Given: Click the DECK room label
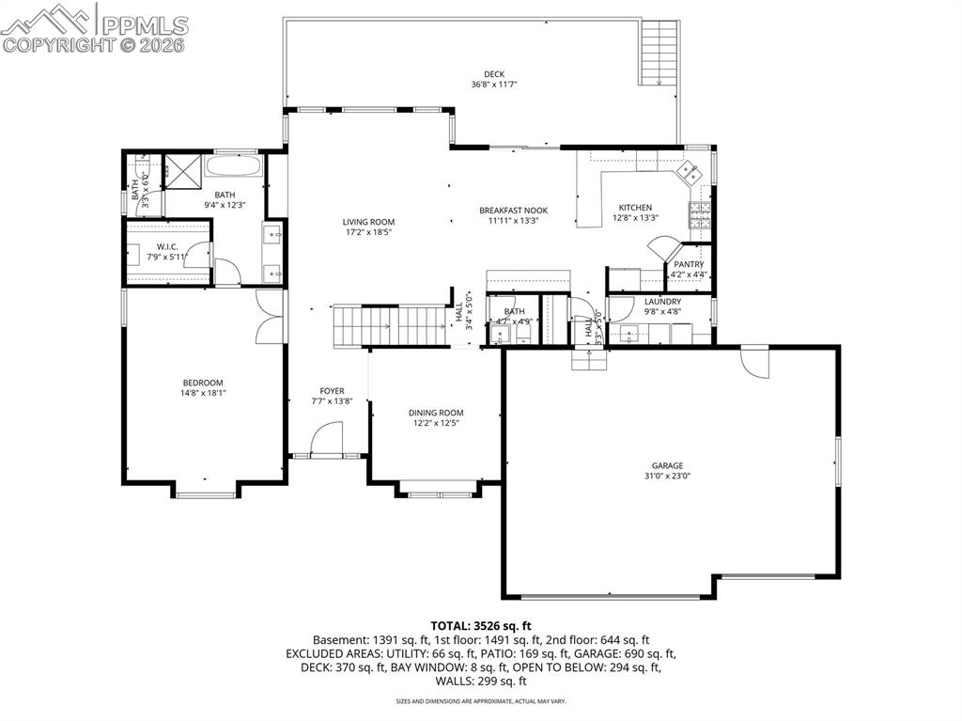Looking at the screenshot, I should (494, 74).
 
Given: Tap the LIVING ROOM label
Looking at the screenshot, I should (367, 222).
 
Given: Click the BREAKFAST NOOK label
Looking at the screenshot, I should (513, 211).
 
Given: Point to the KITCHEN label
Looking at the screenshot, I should (635, 208).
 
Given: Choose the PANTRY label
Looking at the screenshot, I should (689, 264).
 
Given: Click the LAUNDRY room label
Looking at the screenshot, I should (662, 302).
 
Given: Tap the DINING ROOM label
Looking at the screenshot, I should (436, 413).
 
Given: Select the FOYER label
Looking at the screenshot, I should (332, 391).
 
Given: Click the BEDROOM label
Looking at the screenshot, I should (203, 383).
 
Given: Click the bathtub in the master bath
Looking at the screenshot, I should (235, 168).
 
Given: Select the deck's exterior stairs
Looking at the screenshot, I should (659, 54).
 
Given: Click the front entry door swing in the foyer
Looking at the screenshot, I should (327, 438).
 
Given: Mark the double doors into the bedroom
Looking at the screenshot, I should (270, 315).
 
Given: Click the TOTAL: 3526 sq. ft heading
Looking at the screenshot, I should (481, 625).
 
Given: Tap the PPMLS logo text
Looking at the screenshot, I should (144, 24).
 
